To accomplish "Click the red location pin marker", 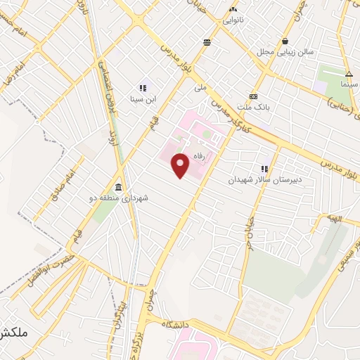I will [x=181, y=165].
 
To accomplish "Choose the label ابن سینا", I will [x=142, y=99].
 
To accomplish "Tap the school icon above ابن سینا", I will [x=142, y=88].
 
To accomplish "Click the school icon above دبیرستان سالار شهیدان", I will [x=264, y=169].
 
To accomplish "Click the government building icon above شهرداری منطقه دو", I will [x=117, y=187].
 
